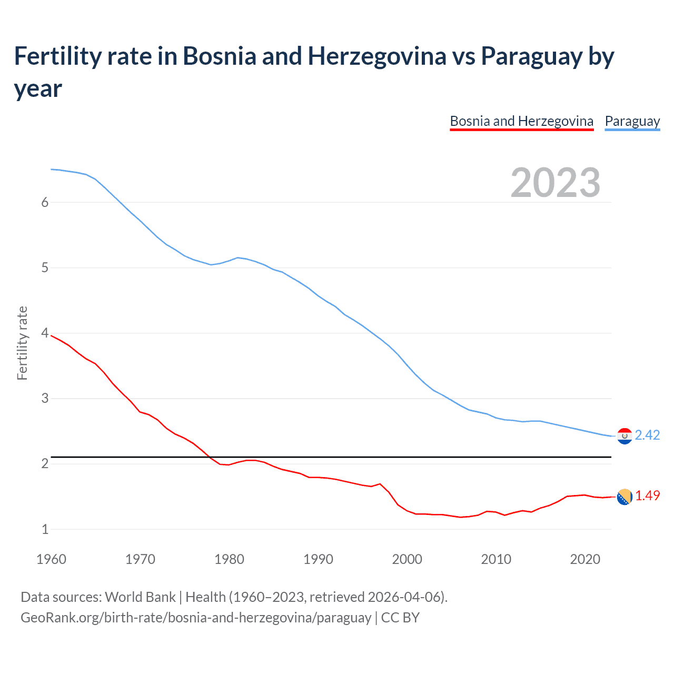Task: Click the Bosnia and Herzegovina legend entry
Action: point(521,122)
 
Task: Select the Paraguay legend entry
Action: point(632,122)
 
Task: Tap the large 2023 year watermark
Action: point(555,183)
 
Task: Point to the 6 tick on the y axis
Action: point(45,203)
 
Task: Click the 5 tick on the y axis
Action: point(45,268)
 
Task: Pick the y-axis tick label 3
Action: point(45,399)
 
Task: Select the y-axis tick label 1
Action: point(45,529)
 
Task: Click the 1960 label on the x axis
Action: point(51,559)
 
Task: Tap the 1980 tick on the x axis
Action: point(229,559)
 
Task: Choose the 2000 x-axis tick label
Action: point(407,559)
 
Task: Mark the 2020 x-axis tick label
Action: point(585,559)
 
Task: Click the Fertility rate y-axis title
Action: point(22,343)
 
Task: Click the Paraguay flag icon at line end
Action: point(624,436)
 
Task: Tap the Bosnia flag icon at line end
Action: point(624,497)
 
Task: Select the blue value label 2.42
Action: point(647,435)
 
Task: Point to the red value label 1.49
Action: point(647,496)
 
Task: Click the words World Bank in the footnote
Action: point(140,597)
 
